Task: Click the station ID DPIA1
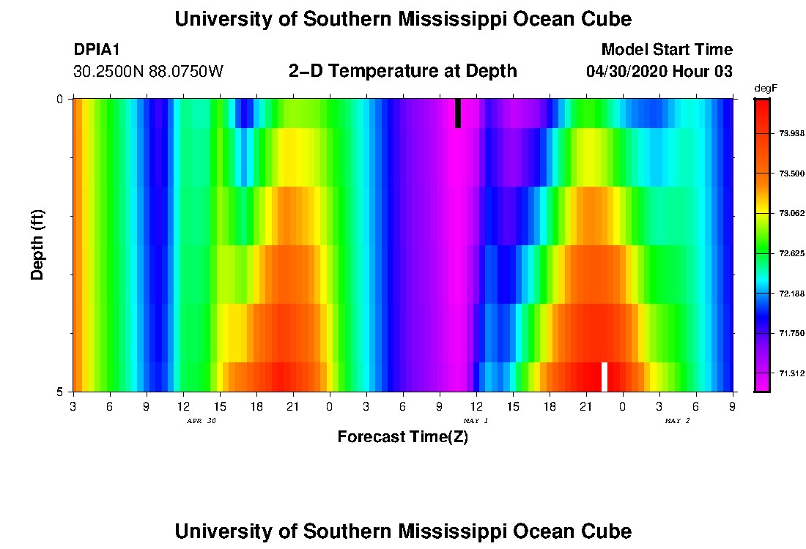click(97, 50)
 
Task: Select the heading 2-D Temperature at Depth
click(403, 71)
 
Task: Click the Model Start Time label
click(667, 50)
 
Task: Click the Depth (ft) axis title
click(37, 244)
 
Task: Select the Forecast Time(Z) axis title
click(402, 438)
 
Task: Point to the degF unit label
click(765, 88)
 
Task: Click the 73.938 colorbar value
click(791, 133)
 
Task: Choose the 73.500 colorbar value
click(791, 173)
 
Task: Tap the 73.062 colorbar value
click(791, 214)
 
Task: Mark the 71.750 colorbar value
click(791, 333)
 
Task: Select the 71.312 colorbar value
click(791, 373)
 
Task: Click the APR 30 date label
click(202, 421)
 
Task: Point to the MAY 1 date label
click(476, 421)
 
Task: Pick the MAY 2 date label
click(677, 421)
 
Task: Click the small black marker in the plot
click(458, 113)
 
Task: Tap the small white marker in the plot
click(604, 376)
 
